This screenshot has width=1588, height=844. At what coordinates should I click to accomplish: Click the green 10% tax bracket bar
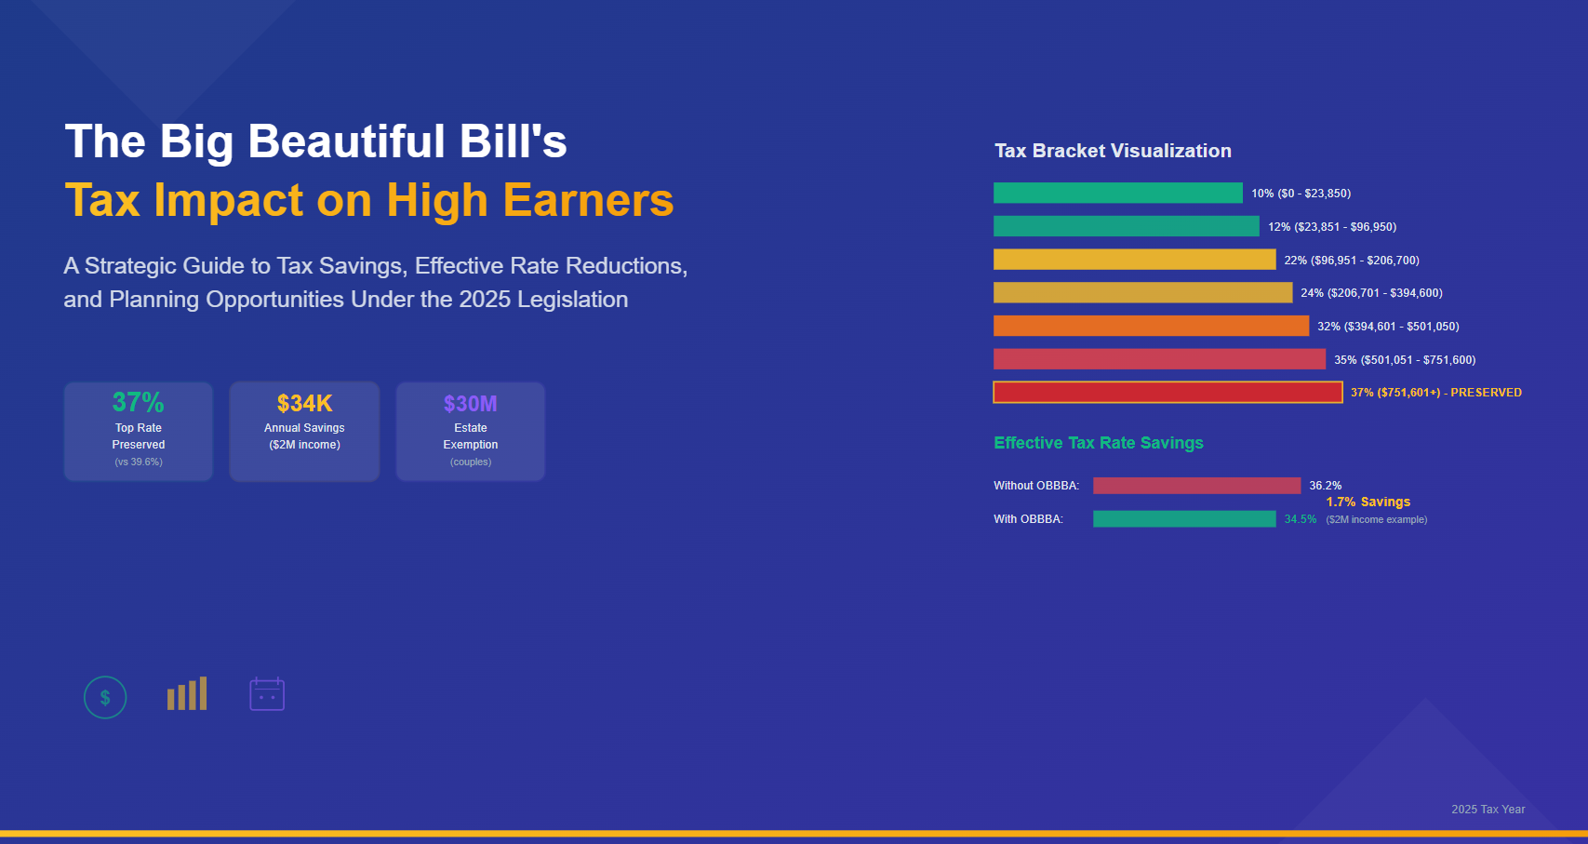coord(1117,193)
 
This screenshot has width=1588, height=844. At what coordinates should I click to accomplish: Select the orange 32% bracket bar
coord(1151,326)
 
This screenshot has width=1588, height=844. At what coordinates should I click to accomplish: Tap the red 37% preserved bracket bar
coord(1168,393)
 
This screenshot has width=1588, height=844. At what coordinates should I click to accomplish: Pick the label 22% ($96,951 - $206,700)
coord(1351,261)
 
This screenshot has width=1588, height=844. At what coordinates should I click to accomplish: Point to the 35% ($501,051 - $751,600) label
coord(1404,360)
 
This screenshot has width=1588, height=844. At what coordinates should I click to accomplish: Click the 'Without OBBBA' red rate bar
coord(1196,486)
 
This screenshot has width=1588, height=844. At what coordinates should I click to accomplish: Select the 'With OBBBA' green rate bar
coord(1184,519)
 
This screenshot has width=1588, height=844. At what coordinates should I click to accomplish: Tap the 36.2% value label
coord(1325,486)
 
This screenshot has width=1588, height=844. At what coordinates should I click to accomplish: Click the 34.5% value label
coord(1300,519)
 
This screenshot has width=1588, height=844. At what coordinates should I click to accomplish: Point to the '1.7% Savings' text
coord(1368,502)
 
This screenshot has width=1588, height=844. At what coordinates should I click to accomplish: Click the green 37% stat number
coord(138,402)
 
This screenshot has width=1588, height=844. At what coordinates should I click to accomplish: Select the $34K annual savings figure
coord(304,403)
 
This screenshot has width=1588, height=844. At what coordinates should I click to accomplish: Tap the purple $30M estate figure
coord(470,403)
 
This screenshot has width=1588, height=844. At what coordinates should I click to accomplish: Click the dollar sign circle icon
coord(105,697)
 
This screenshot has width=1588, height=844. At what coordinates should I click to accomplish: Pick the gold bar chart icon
coord(187,694)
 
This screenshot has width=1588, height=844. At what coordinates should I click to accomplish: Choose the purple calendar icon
coord(267,694)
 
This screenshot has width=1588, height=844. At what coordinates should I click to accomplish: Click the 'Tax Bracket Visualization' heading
coord(1113,151)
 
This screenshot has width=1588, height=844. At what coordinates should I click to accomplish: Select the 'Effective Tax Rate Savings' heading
coord(1098,443)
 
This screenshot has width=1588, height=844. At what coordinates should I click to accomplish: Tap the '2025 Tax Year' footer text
coord(1488,810)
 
